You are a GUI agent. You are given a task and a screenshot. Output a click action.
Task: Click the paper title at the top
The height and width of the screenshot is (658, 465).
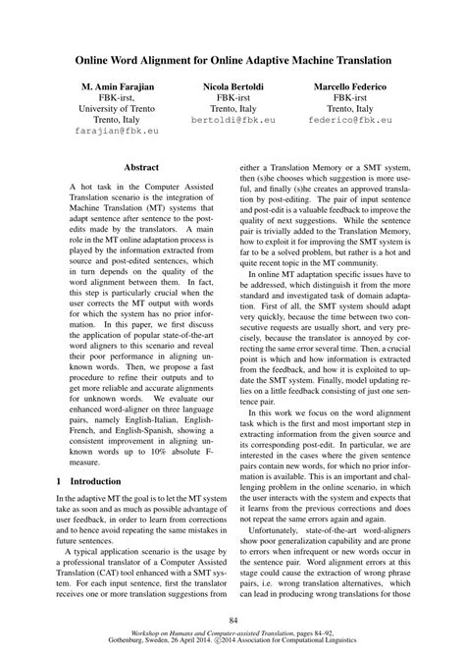[x=233, y=61]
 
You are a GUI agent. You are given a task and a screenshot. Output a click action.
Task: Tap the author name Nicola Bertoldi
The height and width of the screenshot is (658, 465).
[x=232, y=88]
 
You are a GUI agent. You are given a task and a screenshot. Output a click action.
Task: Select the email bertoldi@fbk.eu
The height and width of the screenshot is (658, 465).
[x=232, y=115]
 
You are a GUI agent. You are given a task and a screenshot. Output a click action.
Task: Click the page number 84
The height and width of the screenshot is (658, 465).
[x=232, y=619]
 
